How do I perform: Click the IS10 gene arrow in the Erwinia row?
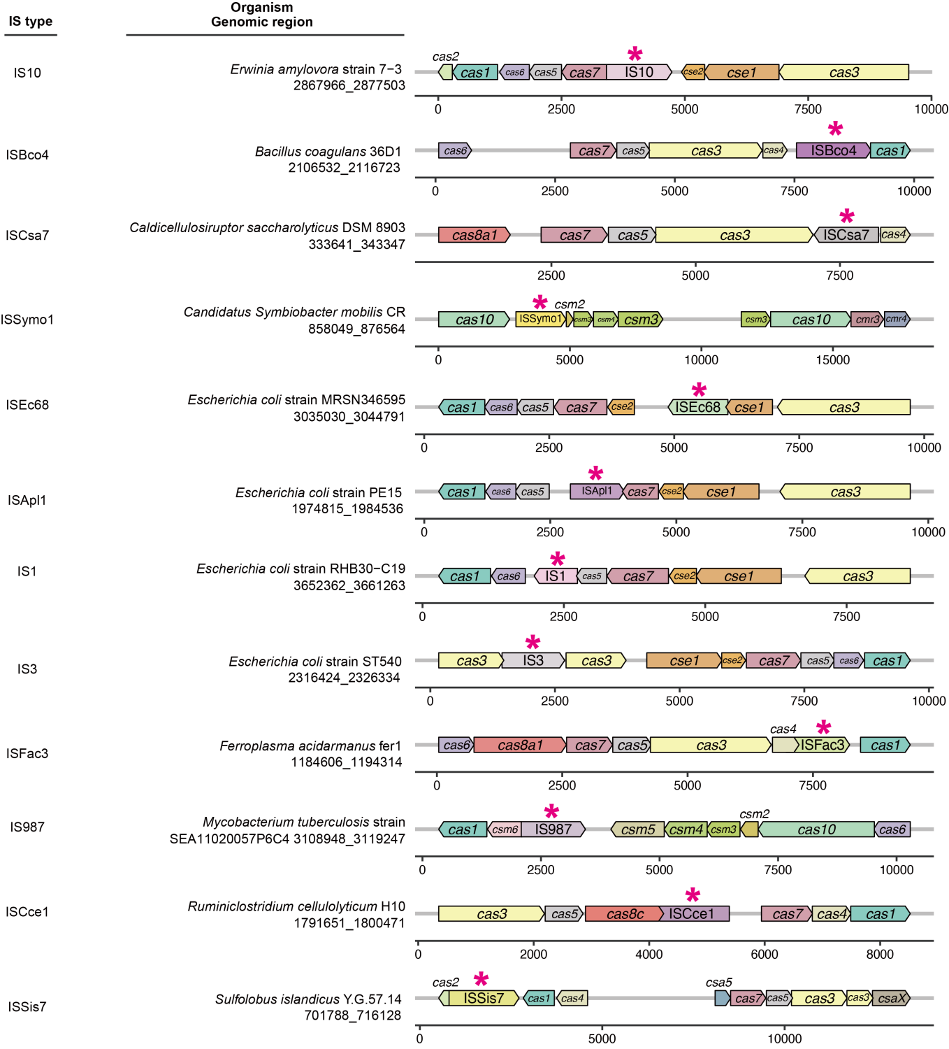click(639, 72)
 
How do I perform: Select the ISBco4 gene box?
click(833, 150)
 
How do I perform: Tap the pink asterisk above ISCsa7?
click(846, 216)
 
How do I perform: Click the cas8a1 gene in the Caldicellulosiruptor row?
click(474, 235)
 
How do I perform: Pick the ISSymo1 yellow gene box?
click(539, 319)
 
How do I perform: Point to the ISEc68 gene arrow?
click(697, 407)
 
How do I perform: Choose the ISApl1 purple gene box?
click(596, 492)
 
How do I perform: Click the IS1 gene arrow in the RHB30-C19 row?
click(556, 576)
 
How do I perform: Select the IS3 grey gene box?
click(533, 660)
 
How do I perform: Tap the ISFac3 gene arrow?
click(823, 745)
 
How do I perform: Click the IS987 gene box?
click(553, 829)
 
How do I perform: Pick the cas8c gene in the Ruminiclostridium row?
click(624, 913)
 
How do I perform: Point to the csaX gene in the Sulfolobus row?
click(891, 998)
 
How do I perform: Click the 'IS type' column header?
click(31, 21)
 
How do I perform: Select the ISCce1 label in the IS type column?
click(27, 912)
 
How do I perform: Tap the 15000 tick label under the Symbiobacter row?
click(833, 359)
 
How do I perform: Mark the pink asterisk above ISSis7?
click(481, 980)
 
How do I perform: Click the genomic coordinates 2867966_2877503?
click(349, 85)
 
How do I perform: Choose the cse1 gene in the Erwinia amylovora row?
click(741, 72)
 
